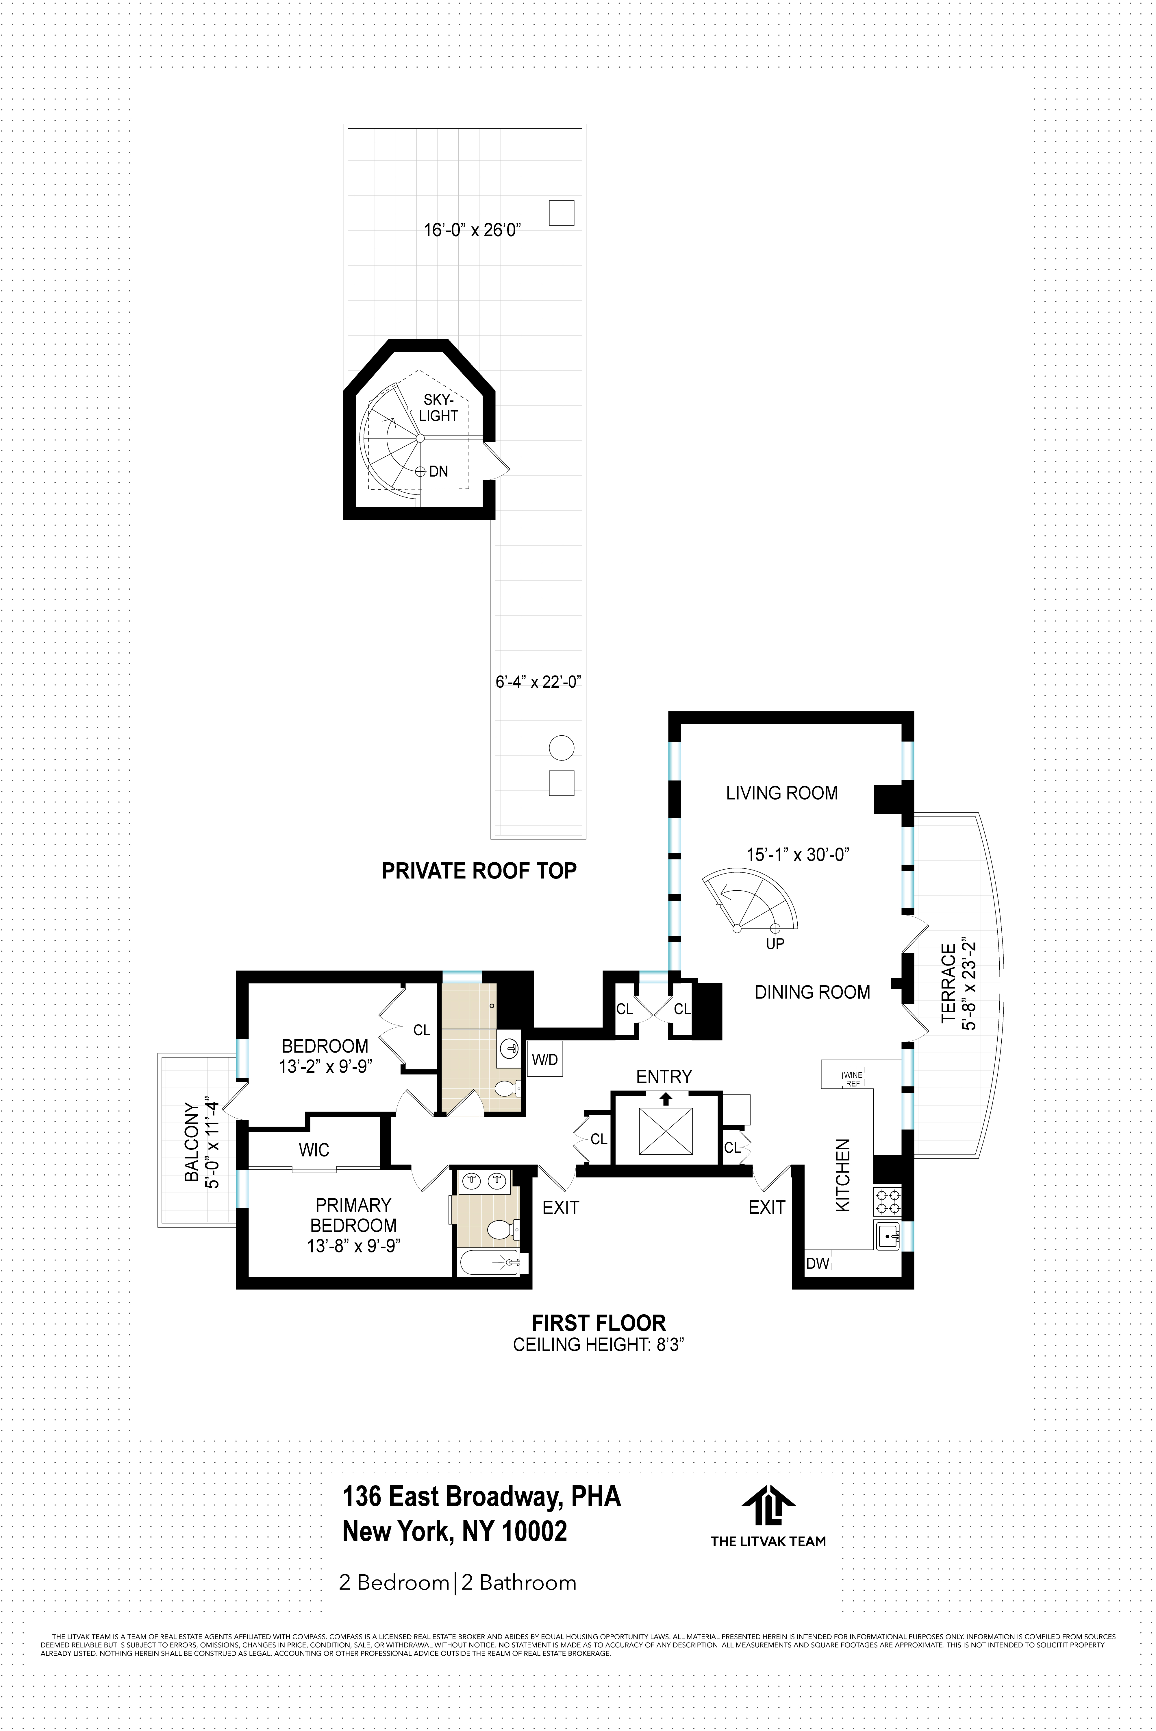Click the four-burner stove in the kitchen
coord(887,1202)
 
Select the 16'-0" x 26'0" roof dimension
coord(472,230)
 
